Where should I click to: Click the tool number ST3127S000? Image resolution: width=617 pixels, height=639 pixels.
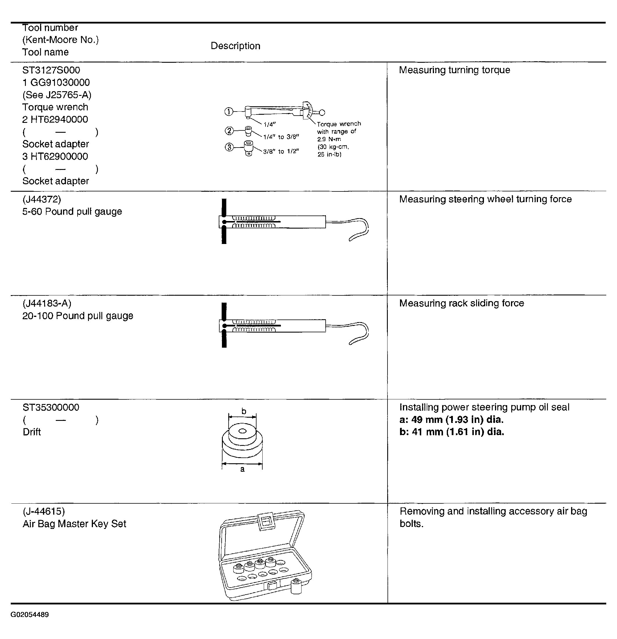point(51,70)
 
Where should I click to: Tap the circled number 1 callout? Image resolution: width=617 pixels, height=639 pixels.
point(229,112)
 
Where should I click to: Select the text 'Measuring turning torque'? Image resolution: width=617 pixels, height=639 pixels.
point(454,70)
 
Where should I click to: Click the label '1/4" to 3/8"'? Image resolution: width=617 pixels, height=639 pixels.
point(281,137)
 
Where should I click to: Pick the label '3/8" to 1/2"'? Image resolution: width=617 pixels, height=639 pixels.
point(281,152)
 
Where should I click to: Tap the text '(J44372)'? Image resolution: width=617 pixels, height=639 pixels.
point(42,199)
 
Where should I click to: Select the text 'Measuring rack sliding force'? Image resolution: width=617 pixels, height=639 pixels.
point(462,303)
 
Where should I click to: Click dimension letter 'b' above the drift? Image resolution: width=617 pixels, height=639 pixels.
point(244,412)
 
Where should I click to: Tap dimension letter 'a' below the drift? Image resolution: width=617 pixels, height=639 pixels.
point(242,469)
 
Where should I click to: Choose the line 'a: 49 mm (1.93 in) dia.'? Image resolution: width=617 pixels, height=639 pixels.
point(451,420)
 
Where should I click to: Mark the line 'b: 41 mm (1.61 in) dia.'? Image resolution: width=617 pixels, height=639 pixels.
point(452,432)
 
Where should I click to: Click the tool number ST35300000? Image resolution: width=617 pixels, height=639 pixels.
point(51,407)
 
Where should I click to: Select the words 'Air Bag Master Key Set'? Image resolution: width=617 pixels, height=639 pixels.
point(74,524)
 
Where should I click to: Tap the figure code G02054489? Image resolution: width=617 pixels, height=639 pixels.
point(30,615)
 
